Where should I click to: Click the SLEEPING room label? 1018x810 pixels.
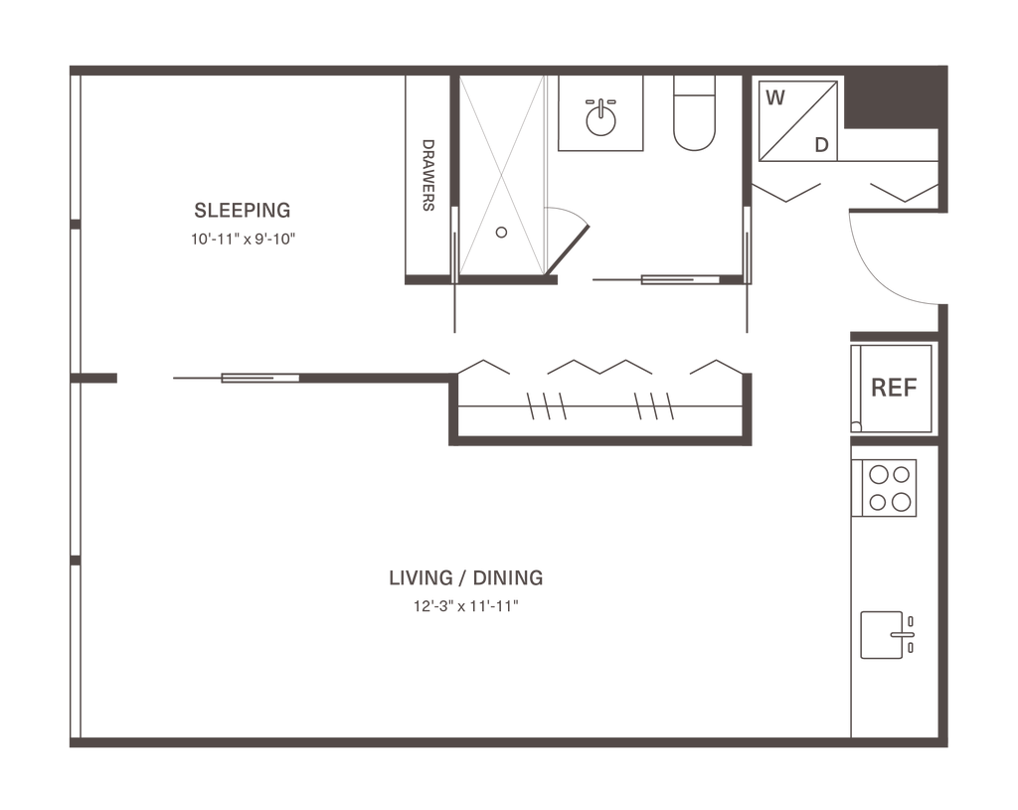point(242,211)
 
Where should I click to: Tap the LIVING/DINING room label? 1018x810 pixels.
point(465,577)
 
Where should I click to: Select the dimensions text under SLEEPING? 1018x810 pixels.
point(244,240)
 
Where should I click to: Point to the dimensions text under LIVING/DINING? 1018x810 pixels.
point(465,605)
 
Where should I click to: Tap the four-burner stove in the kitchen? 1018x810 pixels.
point(890,488)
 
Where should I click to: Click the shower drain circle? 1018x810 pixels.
point(501,233)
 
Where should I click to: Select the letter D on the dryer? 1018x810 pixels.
point(821,145)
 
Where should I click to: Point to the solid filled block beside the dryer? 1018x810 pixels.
point(889,103)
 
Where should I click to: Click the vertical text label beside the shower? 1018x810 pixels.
point(429,175)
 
